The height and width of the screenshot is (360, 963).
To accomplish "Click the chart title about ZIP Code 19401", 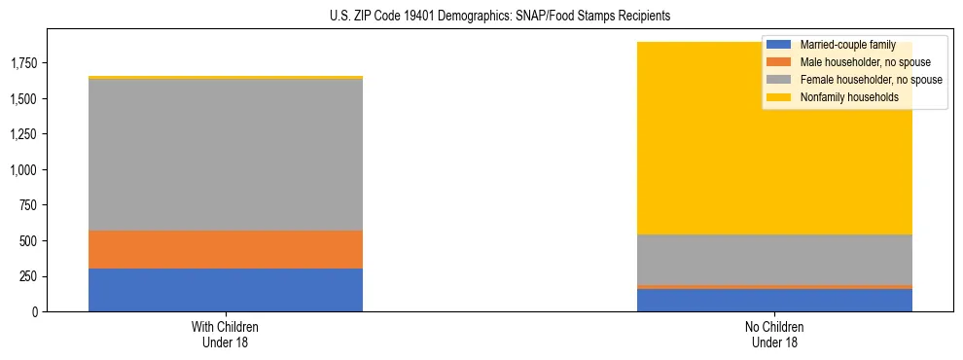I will pos(481,17).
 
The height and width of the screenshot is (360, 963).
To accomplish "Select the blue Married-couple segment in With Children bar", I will pos(226,290).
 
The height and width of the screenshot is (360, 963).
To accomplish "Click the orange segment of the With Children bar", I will pos(226,250).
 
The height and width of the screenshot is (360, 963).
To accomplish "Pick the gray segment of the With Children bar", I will pos(226,155).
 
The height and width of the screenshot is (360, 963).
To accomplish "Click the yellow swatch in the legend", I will pos(780,97).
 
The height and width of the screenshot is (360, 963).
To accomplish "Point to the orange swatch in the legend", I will pos(780,62).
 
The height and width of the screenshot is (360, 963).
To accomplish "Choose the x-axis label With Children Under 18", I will pos(226,335).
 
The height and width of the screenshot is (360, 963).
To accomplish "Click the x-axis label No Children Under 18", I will pos(774,335).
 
